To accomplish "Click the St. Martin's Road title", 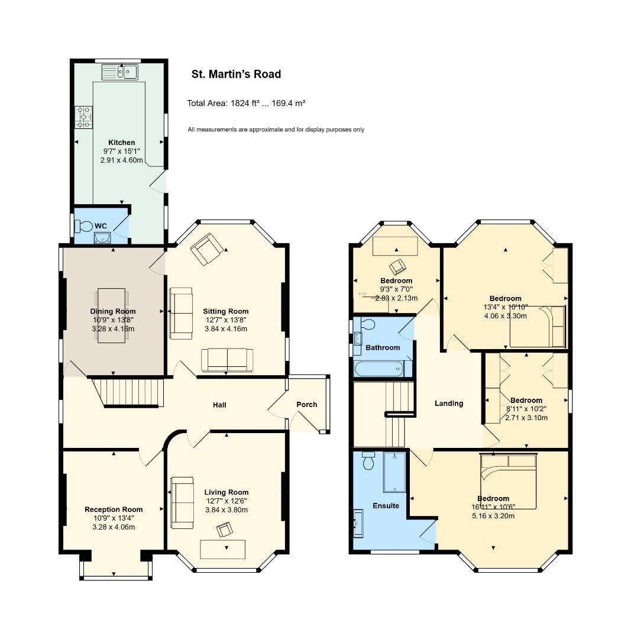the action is [x=237, y=74].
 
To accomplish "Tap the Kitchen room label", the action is [x=121, y=143].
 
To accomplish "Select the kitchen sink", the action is [x=120, y=72].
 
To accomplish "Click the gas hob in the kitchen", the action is [x=83, y=117].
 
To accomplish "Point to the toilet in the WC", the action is [x=83, y=226].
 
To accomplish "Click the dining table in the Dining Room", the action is [x=112, y=315].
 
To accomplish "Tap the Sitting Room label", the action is [x=226, y=311].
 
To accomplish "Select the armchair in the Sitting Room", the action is [x=206, y=249].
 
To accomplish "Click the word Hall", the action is [x=219, y=405].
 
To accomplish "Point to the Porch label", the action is [x=307, y=405].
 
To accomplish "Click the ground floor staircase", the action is [x=128, y=392].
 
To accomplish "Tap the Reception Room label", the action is [x=114, y=509].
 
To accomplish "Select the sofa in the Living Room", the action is [x=182, y=503].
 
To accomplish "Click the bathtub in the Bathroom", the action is [x=379, y=369].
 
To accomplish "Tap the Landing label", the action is [x=449, y=404].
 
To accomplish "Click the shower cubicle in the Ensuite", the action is [x=394, y=472].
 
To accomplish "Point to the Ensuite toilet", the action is [x=368, y=460].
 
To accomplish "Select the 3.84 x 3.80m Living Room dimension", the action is [x=226, y=510].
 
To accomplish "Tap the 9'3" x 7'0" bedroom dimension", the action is [x=396, y=289].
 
